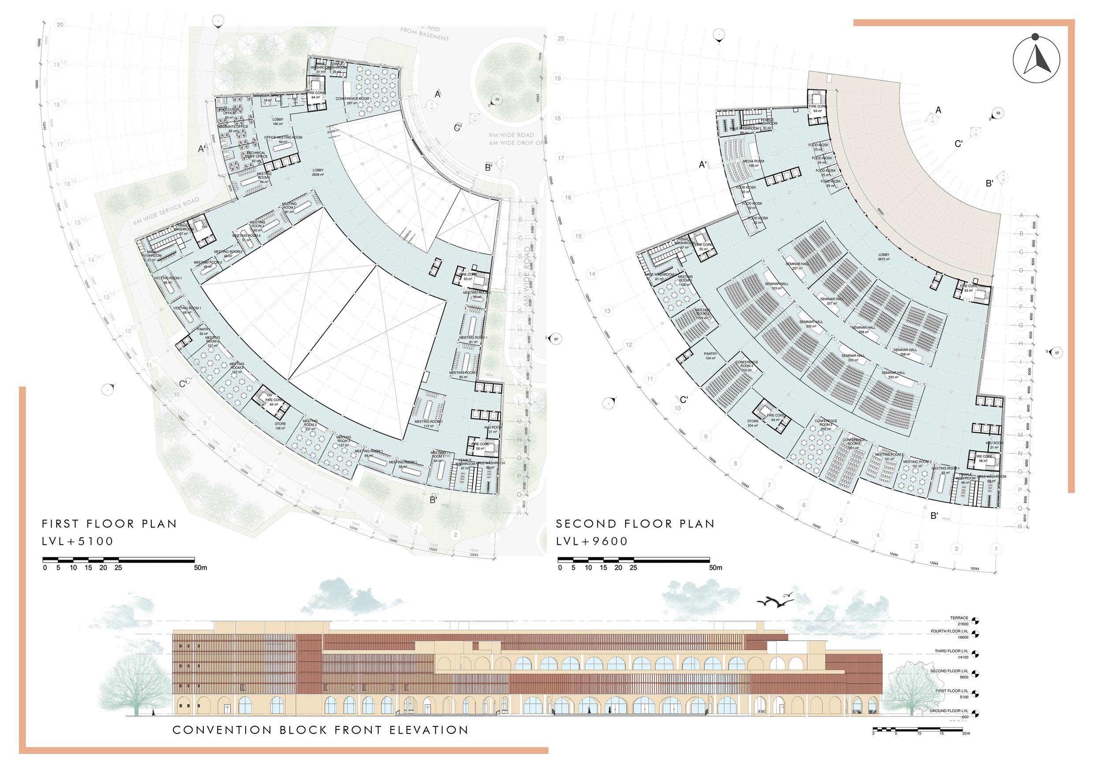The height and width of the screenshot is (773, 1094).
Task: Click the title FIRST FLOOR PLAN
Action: coord(110,524)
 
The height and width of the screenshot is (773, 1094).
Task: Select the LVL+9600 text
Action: coord(592,541)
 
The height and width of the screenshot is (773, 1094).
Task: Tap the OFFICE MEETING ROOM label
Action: coord(283,140)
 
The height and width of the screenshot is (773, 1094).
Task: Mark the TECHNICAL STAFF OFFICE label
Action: coord(256,155)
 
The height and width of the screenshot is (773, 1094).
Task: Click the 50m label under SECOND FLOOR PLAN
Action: coord(716,568)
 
